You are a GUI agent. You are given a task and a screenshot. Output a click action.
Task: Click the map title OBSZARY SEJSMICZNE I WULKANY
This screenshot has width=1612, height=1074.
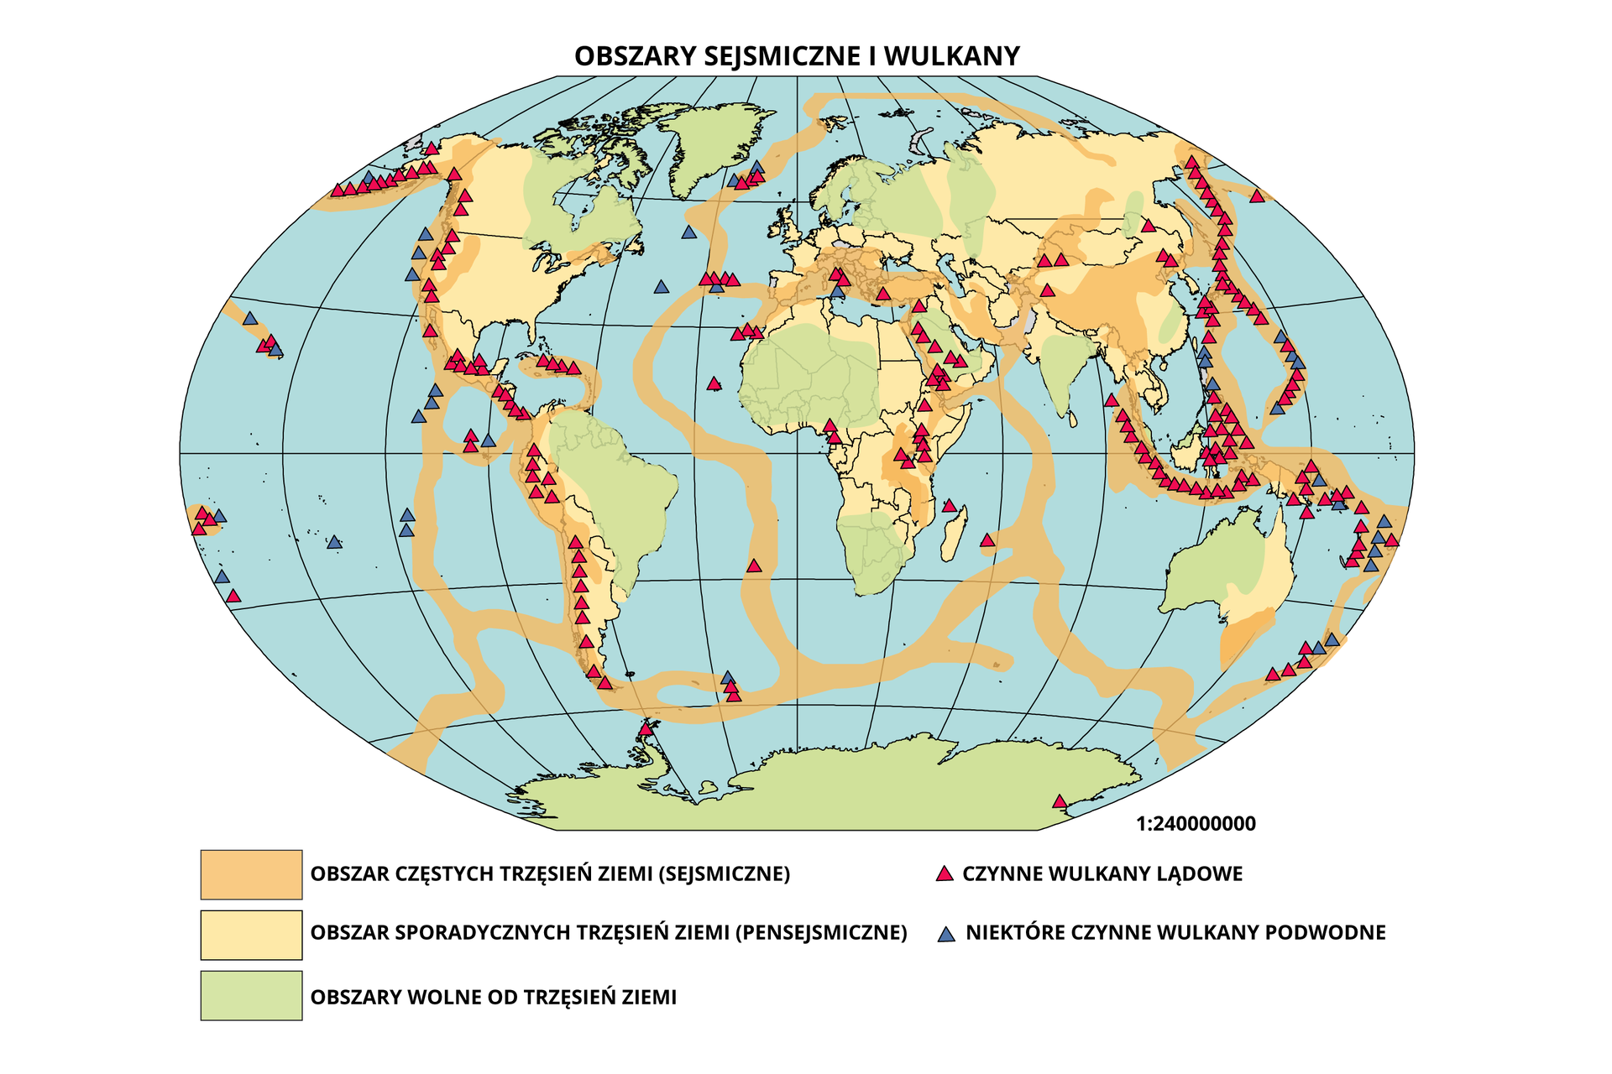click(797, 55)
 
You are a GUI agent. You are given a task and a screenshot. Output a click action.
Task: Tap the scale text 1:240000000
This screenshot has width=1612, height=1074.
click(1196, 824)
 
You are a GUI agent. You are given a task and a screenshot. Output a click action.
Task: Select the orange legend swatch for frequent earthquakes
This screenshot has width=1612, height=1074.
click(251, 874)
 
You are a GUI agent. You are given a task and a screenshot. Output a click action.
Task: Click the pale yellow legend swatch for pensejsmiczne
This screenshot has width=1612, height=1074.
click(251, 935)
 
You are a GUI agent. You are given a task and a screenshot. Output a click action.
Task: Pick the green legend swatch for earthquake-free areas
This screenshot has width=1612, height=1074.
click(251, 996)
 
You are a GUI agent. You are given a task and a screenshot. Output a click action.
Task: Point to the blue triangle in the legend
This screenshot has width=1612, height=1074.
click(946, 934)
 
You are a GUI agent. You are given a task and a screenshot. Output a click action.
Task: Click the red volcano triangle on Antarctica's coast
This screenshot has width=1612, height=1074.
click(1060, 801)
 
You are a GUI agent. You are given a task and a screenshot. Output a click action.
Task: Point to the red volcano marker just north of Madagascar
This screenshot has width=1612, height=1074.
click(950, 506)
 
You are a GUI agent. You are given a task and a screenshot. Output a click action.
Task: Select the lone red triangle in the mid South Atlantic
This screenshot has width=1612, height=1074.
click(754, 566)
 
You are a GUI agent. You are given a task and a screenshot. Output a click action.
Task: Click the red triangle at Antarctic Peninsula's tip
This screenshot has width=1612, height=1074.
click(645, 729)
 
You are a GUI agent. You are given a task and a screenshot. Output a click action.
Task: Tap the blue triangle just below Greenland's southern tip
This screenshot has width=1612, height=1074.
click(689, 232)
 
